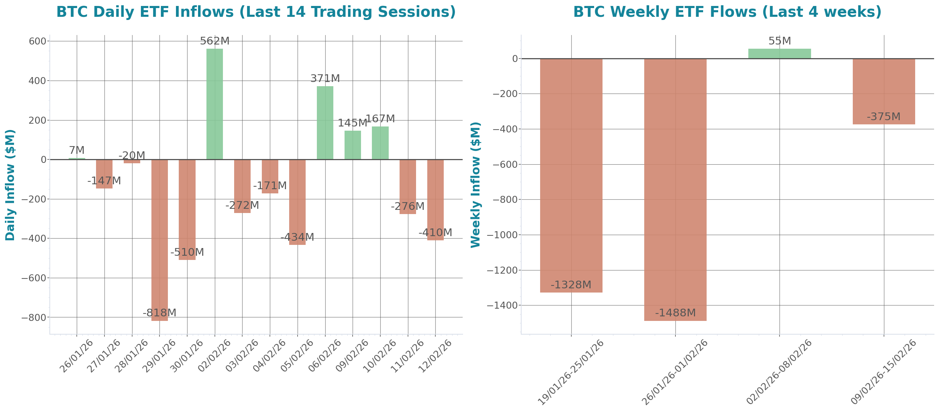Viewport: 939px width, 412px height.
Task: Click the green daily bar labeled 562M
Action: click(215, 104)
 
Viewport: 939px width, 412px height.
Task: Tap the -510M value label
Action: click(187, 252)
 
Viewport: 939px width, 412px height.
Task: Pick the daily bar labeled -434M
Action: click(297, 202)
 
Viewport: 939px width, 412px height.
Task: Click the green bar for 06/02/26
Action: click(325, 122)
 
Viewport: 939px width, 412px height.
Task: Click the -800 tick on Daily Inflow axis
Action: click(34, 318)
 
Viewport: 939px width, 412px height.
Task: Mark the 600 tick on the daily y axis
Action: click(38, 41)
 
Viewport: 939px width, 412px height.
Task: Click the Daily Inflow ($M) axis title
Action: click(10, 185)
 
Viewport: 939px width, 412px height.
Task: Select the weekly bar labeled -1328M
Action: click(571, 175)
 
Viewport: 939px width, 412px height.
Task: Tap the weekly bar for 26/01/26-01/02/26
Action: click(675, 190)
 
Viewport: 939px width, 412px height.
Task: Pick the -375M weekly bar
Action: click(884, 91)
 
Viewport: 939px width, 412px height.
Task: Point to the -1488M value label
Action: click(675, 313)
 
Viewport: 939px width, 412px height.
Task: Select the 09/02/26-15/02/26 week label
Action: click(884, 372)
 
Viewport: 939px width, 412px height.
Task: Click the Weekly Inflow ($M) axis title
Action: click(476, 185)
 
